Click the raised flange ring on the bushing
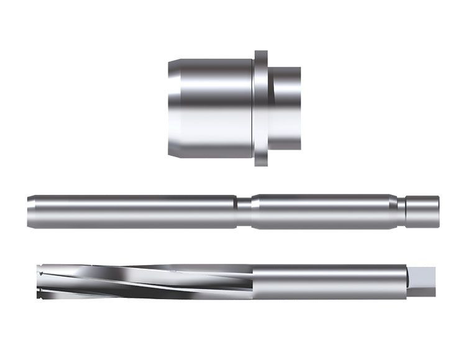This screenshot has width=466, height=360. click(x=261, y=109)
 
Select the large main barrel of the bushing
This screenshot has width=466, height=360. click(x=211, y=109)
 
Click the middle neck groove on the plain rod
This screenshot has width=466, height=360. click(x=244, y=212)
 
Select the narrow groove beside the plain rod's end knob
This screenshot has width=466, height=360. click(x=402, y=212)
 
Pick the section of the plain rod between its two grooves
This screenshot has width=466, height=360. click(x=320, y=212)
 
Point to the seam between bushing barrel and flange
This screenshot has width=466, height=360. click(x=253, y=109)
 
